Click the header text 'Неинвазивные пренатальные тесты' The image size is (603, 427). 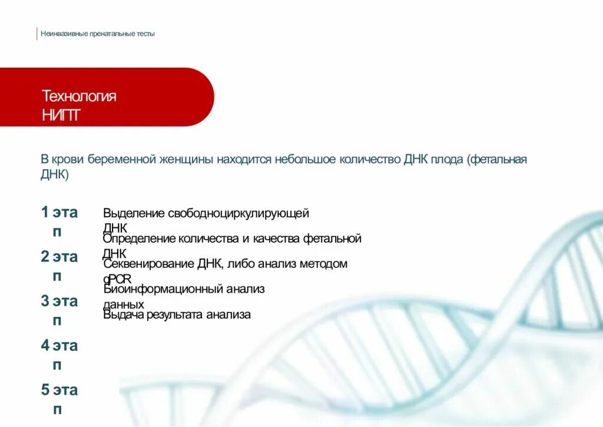98,34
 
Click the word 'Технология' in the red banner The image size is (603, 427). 79,96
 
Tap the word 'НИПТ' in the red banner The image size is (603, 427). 61,115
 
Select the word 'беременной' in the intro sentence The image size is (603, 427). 122,160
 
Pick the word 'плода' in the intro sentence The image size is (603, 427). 446,160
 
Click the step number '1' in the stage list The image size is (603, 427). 45,212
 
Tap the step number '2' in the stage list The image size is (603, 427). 45,256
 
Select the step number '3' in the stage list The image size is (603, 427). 45,301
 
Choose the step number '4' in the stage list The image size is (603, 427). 45,345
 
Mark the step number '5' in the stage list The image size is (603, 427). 45,389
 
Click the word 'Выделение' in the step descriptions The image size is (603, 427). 133,214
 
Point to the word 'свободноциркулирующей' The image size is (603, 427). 238,214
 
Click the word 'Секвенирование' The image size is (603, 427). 148,264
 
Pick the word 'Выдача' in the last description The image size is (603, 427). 122,315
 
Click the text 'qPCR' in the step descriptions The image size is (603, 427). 118,279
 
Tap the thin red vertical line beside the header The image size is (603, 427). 37,34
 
